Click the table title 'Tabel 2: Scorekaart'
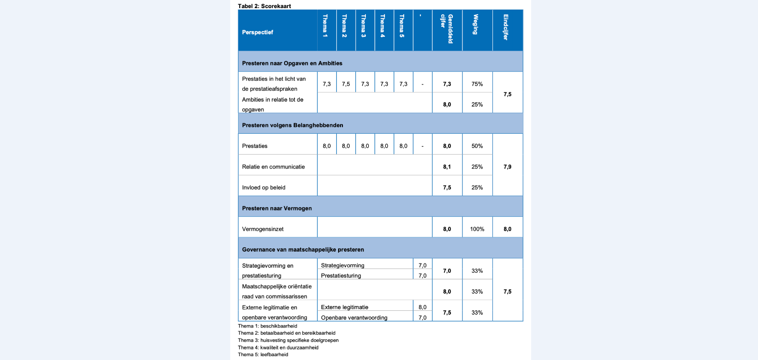pyautogui.click(x=264, y=6)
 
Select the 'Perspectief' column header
pyautogui.click(x=257, y=32)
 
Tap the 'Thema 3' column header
pyautogui.click(x=363, y=26)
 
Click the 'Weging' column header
pyautogui.click(x=476, y=24)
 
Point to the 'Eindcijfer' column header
pyautogui.click(x=506, y=27)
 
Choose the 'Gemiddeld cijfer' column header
pyautogui.click(x=447, y=29)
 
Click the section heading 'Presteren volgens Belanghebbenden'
pyautogui.click(x=292, y=125)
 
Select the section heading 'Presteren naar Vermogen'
pyautogui.click(x=277, y=208)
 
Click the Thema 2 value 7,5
pyautogui.click(x=346, y=84)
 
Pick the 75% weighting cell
pyautogui.click(x=477, y=84)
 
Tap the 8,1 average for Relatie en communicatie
pyautogui.click(x=447, y=167)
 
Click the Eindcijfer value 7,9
pyautogui.click(x=507, y=167)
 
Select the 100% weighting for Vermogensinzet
pyautogui.click(x=477, y=229)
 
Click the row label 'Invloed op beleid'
pyautogui.click(x=264, y=188)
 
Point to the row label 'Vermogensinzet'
pyautogui.click(x=263, y=229)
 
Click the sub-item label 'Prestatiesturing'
pyautogui.click(x=341, y=275)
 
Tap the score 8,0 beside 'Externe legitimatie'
pyautogui.click(x=423, y=307)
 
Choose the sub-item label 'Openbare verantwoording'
pyautogui.click(x=354, y=318)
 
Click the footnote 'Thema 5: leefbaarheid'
pyautogui.click(x=263, y=354)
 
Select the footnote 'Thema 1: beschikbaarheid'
pyautogui.click(x=267, y=326)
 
